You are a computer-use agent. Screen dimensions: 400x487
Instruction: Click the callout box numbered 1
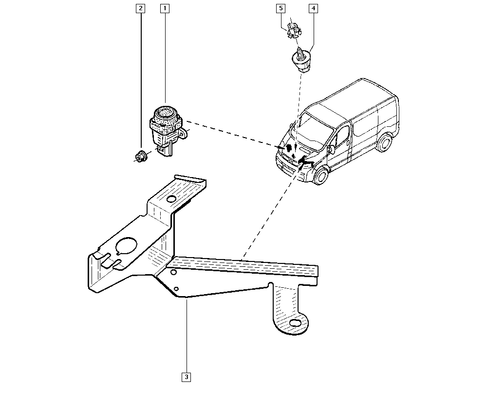(x=165, y=8)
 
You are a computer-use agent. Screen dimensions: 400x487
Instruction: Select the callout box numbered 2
(x=141, y=8)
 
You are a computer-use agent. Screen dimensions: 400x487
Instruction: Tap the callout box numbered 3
(x=186, y=377)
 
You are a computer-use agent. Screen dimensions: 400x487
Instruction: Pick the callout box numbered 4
(x=313, y=8)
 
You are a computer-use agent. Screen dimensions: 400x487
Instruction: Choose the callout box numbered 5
(x=281, y=8)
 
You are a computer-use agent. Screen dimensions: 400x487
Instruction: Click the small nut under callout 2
(x=141, y=157)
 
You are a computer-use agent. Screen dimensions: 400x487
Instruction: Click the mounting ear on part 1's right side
(x=182, y=132)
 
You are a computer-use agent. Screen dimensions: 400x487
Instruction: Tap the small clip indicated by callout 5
(x=293, y=31)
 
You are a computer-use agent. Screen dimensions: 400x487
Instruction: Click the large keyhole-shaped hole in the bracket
(x=128, y=246)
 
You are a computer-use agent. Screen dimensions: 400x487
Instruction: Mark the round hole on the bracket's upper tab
(x=171, y=199)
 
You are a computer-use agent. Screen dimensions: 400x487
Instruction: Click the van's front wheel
(x=320, y=176)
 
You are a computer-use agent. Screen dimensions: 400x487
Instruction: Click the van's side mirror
(x=331, y=145)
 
